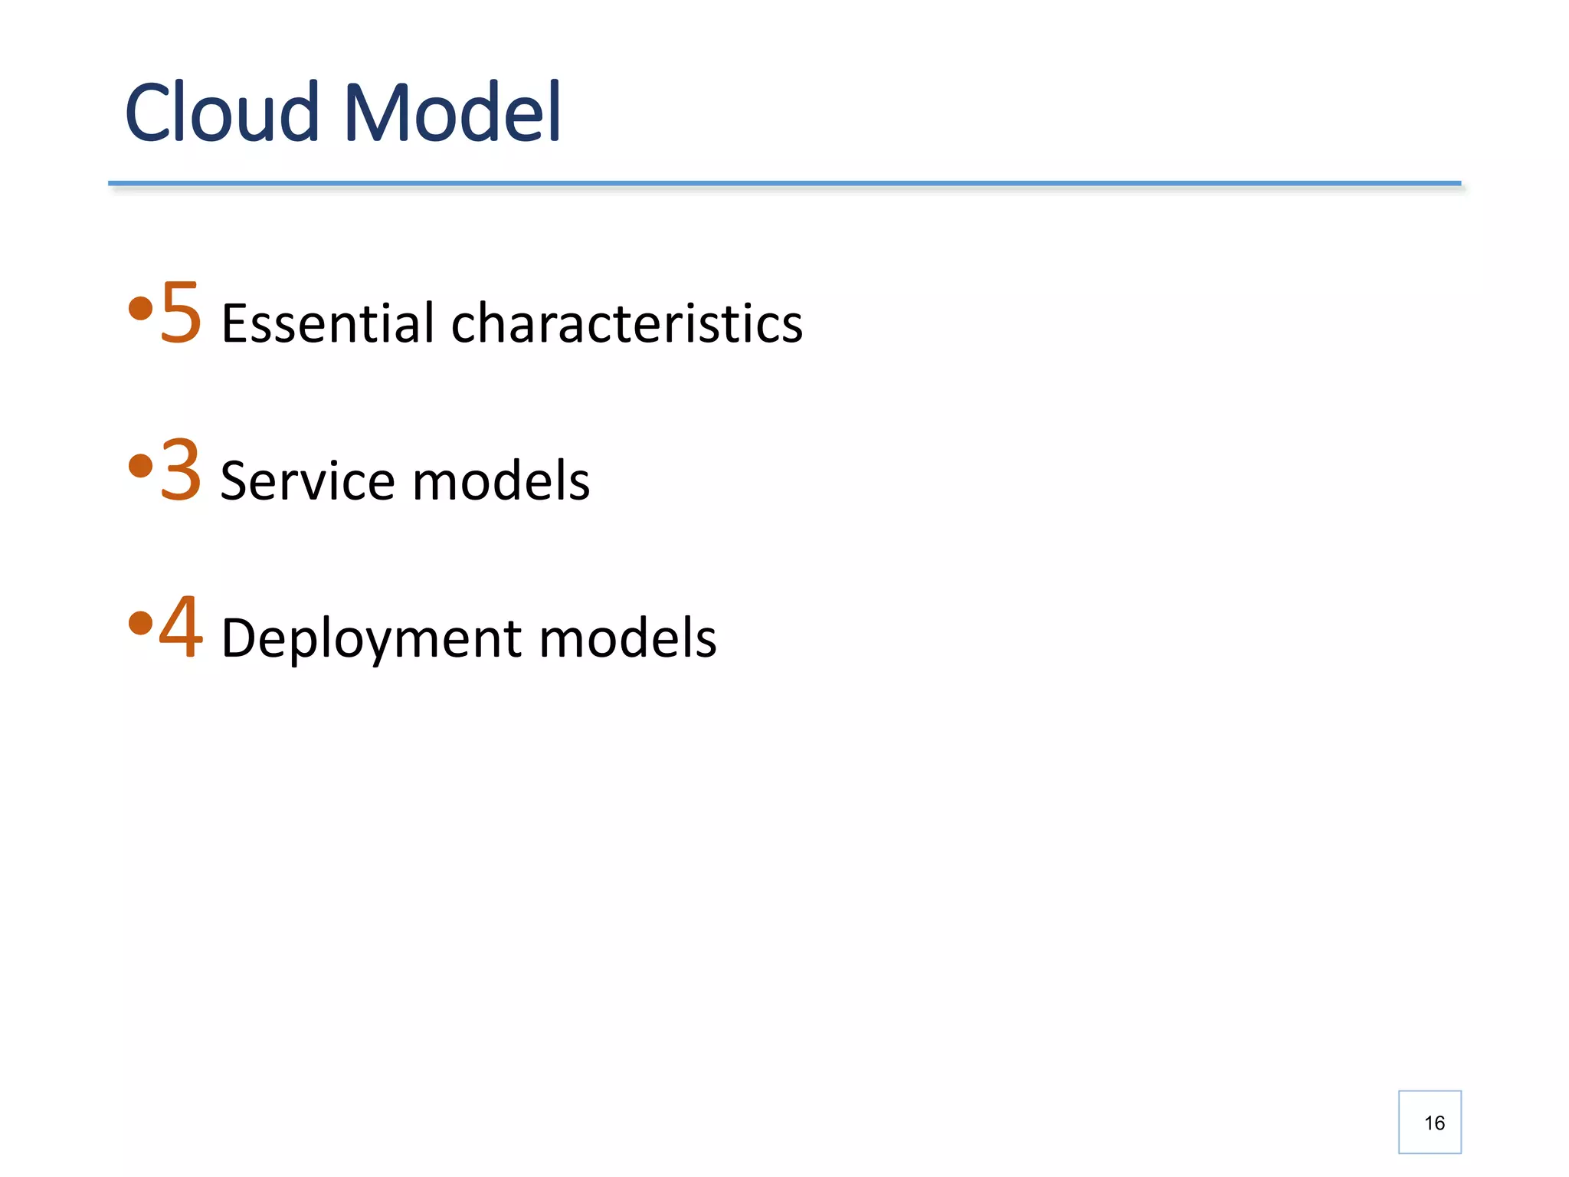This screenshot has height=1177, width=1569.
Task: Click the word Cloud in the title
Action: (x=221, y=113)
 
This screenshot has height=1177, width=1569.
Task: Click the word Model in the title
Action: (x=453, y=113)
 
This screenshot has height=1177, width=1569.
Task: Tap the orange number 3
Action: (x=181, y=470)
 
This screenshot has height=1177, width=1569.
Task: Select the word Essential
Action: (x=328, y=323)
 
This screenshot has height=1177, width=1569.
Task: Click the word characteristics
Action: (x=627, y=323)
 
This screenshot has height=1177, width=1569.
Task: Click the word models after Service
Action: (x=501, y=481)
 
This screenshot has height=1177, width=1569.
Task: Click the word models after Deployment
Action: (x=627, y=639)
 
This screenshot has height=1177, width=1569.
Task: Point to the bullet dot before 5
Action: (x=140, y=310)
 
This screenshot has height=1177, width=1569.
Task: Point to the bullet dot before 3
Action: (x=140, y=466)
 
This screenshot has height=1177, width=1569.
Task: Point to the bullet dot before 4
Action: (x=140, y=623)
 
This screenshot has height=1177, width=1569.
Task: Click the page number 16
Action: (x=1433, y=1123)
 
